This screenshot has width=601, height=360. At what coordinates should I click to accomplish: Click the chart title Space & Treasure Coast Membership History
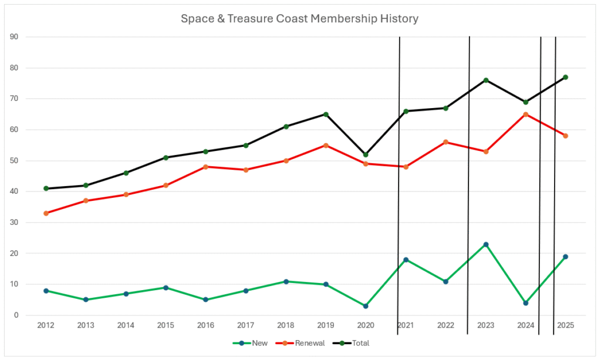pyautogui.click(x=299, y=19)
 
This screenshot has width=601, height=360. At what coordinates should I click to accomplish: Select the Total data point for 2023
pyautogui.click(x=486, y=80)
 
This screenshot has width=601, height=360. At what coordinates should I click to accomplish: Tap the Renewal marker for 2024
pyautogui.click(x=526, y=115)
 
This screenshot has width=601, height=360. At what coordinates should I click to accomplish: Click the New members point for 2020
pyautogui.click(x=366, y=306)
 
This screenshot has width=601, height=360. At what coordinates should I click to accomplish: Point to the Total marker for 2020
pyautogui.click(x=366, y=154)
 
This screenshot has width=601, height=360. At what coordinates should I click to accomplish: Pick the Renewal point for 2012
pyautogui.click(x=46, y=213)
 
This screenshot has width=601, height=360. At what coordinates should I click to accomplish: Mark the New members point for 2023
pyautogui.click(x=486, y=244)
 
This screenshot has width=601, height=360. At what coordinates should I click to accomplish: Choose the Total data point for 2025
pyautogui.click(x=566, y=77)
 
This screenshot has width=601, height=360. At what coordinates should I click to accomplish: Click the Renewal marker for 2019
pyautogui.click(x=326, y=145)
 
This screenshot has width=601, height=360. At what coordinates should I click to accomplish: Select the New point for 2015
pyautogui.click(x=166, y=288)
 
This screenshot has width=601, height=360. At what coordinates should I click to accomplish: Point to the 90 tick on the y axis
pyautogui.click(x=15, y=37)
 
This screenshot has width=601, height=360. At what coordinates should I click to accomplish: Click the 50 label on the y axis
pyautogui.click(x=15, y=161)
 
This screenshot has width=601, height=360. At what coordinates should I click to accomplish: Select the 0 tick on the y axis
pyautogui.click(x=16, y=315)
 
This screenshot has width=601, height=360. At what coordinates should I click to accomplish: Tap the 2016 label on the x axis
pyautogui.click(x=205, y=325)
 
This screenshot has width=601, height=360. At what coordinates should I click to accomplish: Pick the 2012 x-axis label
pyautogui.click(x=46, y=325)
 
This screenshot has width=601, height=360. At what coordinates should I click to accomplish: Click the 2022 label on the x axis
pyautogui.click(x=445, y=325)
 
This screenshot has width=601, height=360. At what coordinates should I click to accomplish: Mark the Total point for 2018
pyautogui.click(x=286, y=126)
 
